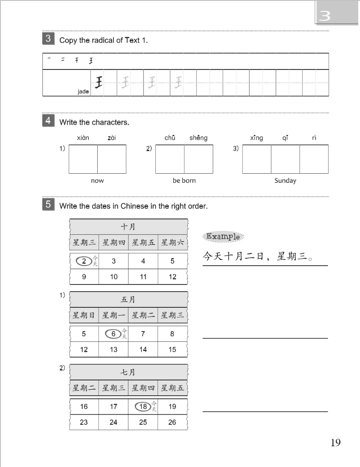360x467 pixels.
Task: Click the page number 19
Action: [x=335, y=442]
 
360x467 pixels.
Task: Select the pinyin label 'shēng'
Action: [x=198, y=138]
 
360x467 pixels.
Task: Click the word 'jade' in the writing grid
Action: [x=83, y=91]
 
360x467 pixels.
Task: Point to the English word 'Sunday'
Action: [x=285, y=181]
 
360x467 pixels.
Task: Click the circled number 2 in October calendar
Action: [x=84, y=261]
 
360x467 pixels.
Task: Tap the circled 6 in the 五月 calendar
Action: [x=113, y=334]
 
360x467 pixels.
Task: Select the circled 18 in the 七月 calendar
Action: [x=143, y=407]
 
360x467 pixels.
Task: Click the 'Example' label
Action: [x=223, y=237]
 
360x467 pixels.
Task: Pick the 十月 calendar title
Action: [x=128, y=227]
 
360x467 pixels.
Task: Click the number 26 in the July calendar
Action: [x=172, y=422]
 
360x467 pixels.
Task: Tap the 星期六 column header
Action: [x=173, y=242]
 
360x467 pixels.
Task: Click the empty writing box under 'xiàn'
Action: [x=83, y=159]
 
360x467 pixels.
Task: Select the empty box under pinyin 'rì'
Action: [x=314, y=159]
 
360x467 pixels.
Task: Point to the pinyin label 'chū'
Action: [x=170, y=138]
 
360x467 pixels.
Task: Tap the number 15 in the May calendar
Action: [x=172, y=350]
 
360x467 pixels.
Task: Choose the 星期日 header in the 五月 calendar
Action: [x=84, y=315]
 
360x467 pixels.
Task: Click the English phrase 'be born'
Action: [x=184, y=181]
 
